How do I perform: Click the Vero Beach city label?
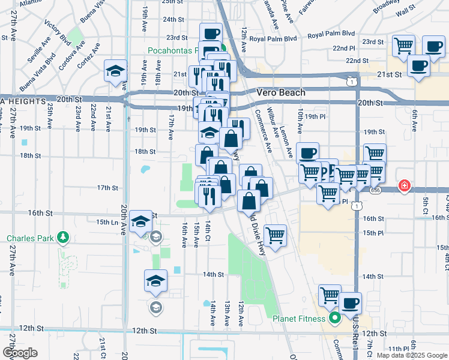point(280,92)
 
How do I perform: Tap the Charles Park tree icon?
point(62,238)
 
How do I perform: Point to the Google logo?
point(20,353)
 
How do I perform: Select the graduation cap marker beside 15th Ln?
point(141,223)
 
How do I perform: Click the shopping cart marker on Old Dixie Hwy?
point(276,235)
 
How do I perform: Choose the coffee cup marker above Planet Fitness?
point(350,302)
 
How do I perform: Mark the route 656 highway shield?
point(375,190)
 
